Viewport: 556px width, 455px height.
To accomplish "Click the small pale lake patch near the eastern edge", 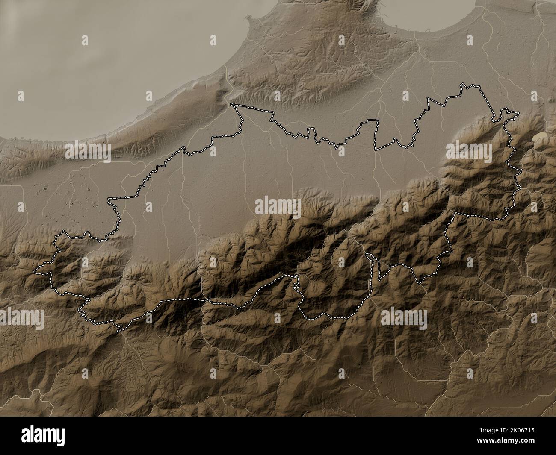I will (x=540, y=136).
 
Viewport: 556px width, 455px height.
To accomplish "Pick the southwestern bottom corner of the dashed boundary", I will (x=117, y=329).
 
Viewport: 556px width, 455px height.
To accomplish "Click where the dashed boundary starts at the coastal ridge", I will (x=231, y=104).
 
